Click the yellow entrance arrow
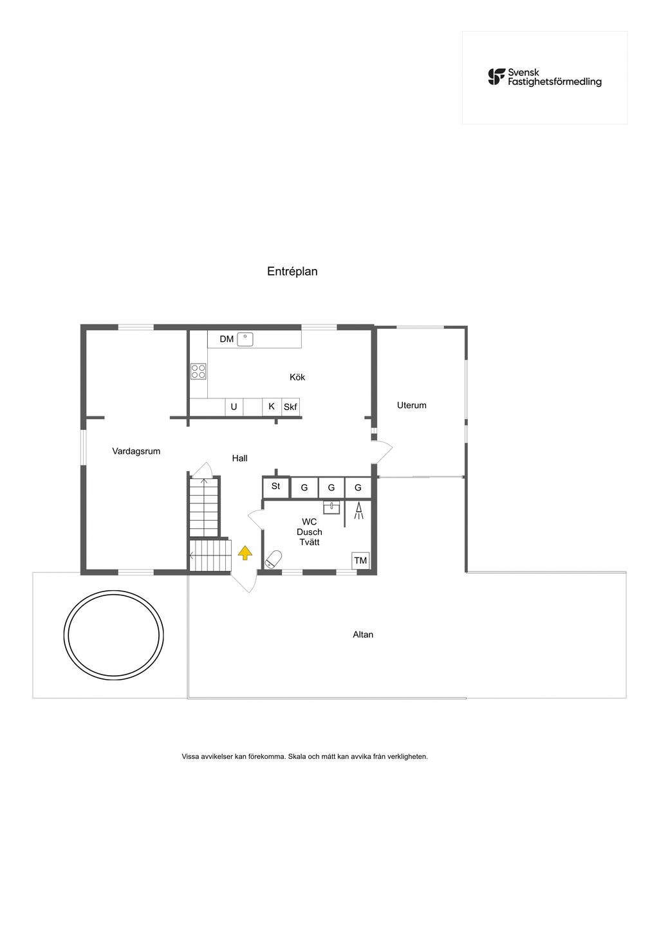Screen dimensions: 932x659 point(245,552)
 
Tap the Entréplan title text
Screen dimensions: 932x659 point(292,272)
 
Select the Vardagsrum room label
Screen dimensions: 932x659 point(136,451)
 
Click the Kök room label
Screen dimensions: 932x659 point(297,377)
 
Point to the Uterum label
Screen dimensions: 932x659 point(411,405)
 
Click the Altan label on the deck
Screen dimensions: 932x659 point(363,635)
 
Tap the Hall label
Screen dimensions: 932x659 point(239,458)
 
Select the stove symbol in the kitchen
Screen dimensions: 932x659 point(198,371)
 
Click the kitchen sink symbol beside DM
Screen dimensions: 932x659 point(245,339)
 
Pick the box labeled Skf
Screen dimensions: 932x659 point(291,407)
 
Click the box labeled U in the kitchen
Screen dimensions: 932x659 point(234,407)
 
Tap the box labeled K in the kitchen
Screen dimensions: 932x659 point(272,407)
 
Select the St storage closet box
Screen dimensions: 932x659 point(275,487)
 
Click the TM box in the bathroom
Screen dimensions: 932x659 point(360,561)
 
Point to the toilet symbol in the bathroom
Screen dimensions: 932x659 point(274,559)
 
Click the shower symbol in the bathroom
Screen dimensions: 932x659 point(358,511)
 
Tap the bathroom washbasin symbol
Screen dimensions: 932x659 point(331,507)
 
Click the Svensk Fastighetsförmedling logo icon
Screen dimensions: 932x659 point(496,77)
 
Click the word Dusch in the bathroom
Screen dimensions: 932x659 point(309,532)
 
